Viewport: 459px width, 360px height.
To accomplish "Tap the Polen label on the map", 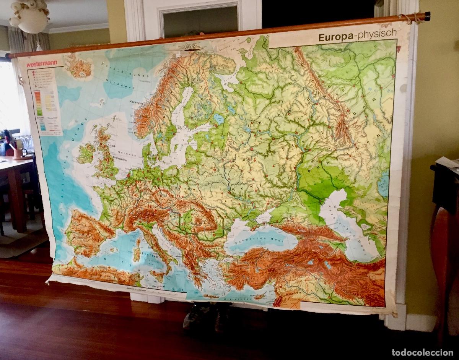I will coord(181,188).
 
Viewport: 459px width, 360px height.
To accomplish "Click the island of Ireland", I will coord(86,153).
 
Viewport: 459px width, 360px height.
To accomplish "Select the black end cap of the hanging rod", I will coord(427,16).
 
